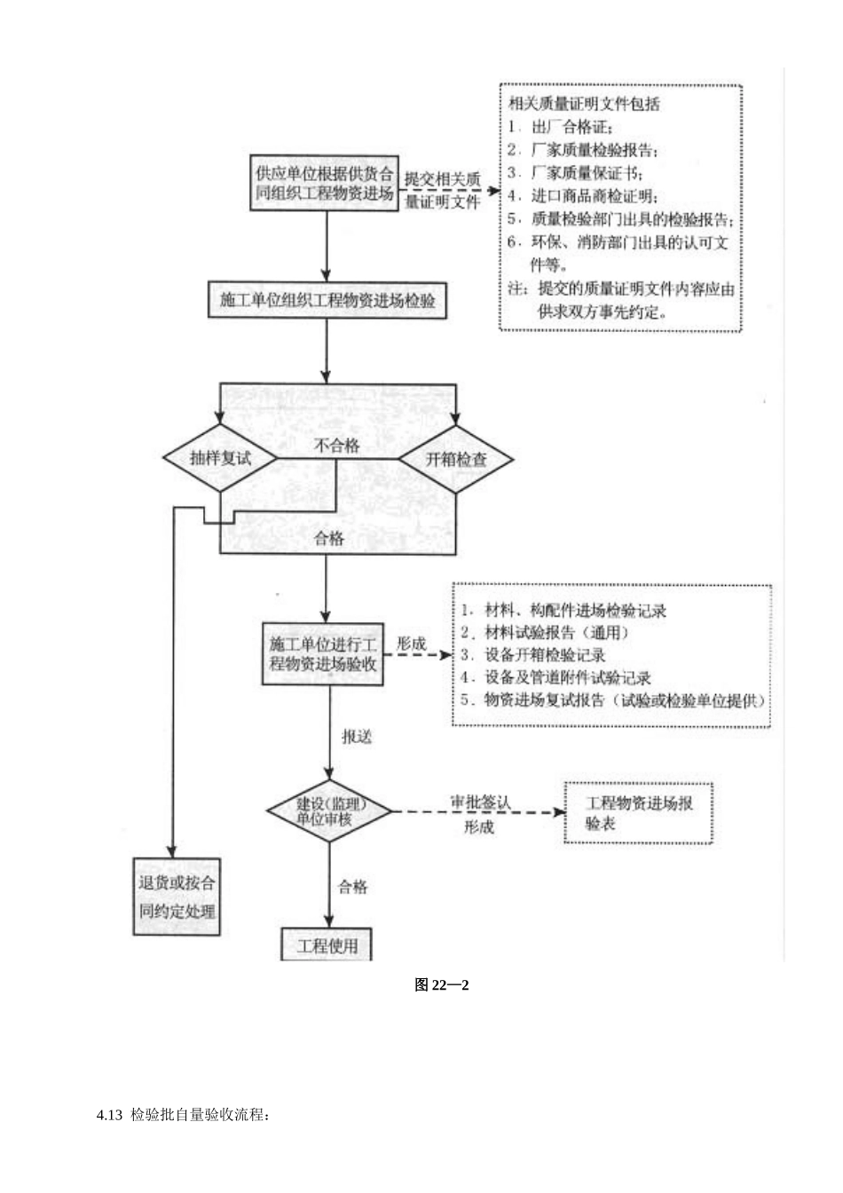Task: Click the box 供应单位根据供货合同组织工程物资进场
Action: pyautogui.click(x=325, y=184)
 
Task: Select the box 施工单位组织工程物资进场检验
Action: pyautogui.click(x=327, y=301)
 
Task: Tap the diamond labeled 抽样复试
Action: pyautogui.click(x=220, y=459)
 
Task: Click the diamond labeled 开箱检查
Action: pyautogui.click(x=455, y=459)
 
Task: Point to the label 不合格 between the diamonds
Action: pyautogui.click(x=337, y=446)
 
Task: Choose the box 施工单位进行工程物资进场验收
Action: pyautogui.click(x=323, y=653)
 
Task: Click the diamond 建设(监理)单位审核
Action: pyautogui.click(x=329, y=811)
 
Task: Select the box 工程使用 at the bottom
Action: pyautogui.click(x=327, y=944)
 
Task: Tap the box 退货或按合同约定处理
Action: pyautogui.click(x=177, y=897)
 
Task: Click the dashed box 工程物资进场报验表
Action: pyautogui.click(x=639, y=813)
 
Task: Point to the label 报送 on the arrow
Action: pyautogui.click(x=357, y=736)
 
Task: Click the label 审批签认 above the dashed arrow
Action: pyautogui.click(x=480, y=801)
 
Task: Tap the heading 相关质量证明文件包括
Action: pyautogui.click(x=584, y=104)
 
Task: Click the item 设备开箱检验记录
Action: pyautogui.click(x=545, y=655)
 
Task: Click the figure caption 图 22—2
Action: pyautogui.click(x=441, y=984)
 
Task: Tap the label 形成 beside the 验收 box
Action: pyautogui.click(x=411, y=644)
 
